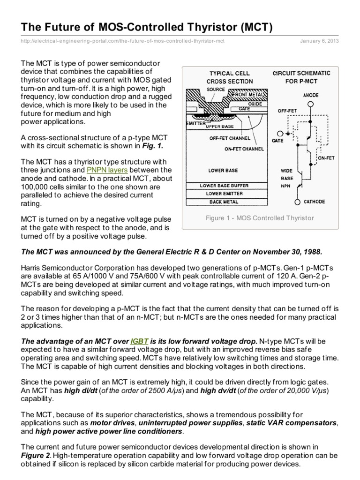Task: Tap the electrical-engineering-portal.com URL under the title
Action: click(x=123, y=41)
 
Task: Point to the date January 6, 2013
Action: click(x=319, y=41)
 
